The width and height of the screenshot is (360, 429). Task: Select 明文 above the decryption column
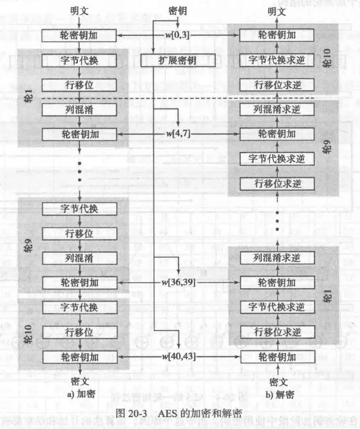pos(276,11)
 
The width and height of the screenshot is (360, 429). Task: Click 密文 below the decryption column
pos(276,381)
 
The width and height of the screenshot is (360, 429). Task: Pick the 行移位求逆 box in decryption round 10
pos(276,84)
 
